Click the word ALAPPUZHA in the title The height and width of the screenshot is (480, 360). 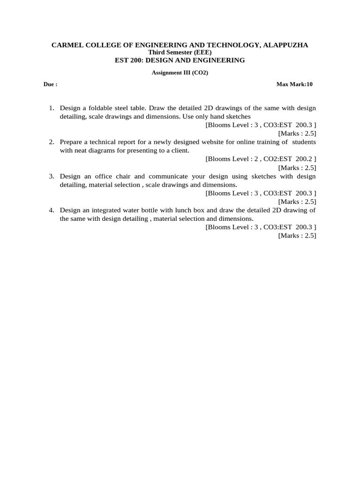285,45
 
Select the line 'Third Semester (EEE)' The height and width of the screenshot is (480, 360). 180,52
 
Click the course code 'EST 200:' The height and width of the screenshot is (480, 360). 127,60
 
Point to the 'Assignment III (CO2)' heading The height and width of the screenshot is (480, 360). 180,73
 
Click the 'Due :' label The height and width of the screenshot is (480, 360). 50,84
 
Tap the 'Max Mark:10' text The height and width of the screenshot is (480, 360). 294,84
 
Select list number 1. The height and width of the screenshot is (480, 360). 52,108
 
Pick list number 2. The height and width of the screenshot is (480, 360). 52,142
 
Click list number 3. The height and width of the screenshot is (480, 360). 52,176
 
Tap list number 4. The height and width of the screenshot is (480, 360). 52,210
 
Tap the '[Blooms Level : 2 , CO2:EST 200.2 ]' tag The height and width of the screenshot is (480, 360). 261,159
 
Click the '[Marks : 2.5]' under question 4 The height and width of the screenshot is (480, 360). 297,235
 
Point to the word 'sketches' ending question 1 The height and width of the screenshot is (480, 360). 238,116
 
